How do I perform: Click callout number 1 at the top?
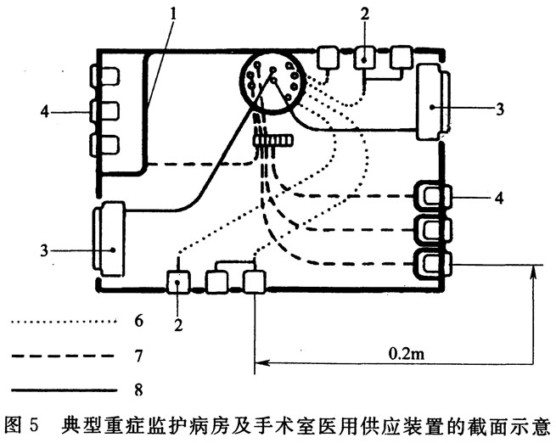coord(173,13)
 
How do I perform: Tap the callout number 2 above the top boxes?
coord(365,14)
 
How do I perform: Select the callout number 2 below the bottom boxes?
coord(178,324)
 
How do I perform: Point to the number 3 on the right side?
coord(499,109)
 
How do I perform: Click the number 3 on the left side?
coord(44,250)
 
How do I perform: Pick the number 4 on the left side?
coord(44,112)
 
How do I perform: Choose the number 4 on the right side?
coord(499,198)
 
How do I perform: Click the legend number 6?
coord(138,321)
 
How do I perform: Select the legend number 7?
coord(138,356)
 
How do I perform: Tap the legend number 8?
coord(138,390)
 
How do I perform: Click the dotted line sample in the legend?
coord(64,322)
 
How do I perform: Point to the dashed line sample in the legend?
coord(64,356)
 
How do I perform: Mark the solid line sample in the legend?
coord(64,390)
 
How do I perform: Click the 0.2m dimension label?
coord(407,353)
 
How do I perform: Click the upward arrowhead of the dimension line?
coord(531,272)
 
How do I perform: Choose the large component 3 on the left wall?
coord(109,239)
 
